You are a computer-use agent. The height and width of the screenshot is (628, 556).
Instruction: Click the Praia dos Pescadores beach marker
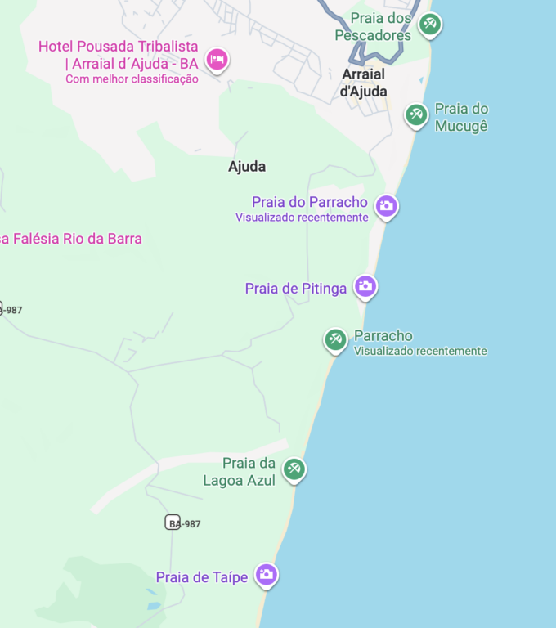(430, 25)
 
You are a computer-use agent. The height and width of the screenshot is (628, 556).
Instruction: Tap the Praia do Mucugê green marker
(416, 114)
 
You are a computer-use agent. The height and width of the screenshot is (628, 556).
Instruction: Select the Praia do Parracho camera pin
(387, 206)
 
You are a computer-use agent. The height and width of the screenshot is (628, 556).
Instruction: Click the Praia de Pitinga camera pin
(365, 286)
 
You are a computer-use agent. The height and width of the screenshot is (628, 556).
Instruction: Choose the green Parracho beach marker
(335, 339)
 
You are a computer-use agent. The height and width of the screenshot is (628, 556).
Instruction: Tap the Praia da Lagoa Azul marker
(294, 469)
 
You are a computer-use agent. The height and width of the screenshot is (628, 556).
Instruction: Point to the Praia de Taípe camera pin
(266, 575)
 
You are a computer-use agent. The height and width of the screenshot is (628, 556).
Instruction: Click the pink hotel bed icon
(217, 59)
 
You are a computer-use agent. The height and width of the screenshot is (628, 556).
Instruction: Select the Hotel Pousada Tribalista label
(119, 54)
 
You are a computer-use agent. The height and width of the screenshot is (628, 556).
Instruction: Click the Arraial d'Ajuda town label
(364, 83)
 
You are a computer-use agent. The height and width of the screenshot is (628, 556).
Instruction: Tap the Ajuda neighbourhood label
(247, 167)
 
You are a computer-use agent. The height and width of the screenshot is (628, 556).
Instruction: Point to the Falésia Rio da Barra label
(71, 239)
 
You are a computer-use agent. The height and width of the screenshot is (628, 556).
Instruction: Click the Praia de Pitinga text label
(296, 289)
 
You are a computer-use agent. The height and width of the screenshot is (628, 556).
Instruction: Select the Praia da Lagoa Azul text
(240, 472)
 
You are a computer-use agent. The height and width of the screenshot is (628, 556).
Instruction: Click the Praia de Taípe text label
(202, 577)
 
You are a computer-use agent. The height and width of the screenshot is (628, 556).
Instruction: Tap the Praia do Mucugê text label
(461, 117)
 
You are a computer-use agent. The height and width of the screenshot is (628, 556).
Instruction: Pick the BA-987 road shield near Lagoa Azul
(173, 523)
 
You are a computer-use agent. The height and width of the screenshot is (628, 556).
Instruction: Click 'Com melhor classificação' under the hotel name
(132, 79)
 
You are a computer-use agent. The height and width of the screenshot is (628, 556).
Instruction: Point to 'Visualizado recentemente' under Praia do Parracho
(302, 218)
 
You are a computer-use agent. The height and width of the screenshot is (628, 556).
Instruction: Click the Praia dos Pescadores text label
(374, 27)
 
